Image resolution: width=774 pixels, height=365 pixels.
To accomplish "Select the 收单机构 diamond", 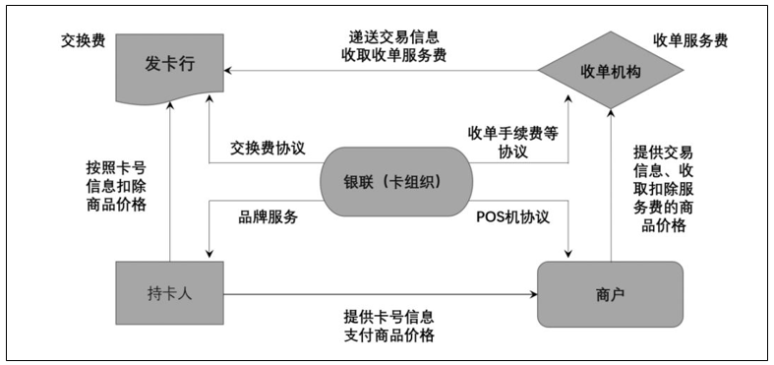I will [x=610, y=71].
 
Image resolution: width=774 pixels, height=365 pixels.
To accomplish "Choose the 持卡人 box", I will [x=169, y=292].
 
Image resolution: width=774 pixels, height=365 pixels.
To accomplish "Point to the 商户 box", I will [x=610, y=293].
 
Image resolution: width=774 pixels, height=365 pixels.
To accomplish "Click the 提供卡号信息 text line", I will [x=389, y=316].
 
